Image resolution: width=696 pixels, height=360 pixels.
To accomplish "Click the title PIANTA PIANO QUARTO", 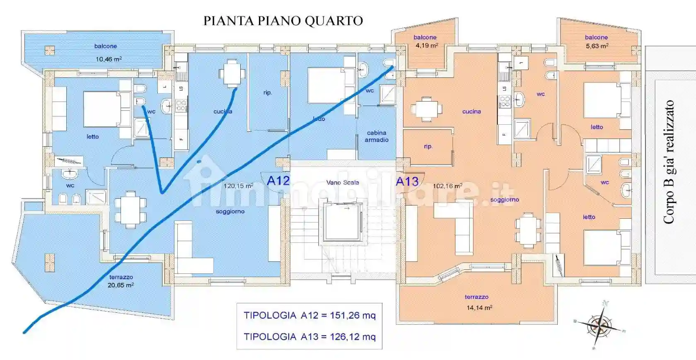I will point(283,21).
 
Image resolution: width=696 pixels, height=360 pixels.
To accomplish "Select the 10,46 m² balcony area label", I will point(109,59).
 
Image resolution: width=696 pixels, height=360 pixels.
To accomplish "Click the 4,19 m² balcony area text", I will point(427,45).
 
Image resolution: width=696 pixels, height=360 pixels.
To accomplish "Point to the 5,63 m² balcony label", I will point(597,46).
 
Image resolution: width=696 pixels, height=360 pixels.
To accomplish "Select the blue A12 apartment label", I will point(278,181).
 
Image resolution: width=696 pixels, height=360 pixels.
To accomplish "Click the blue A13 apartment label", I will point(407,181).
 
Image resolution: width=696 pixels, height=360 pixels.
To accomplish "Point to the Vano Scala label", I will point(342,182).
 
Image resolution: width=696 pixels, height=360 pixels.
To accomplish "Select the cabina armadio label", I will point(377,136).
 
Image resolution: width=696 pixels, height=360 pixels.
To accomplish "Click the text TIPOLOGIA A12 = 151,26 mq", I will point(309,315).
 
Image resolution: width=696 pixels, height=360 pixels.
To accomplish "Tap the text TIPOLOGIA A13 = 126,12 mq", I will point(309,337).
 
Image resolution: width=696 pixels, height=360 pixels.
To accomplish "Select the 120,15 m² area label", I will point(238,186).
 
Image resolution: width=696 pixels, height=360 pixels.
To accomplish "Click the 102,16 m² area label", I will point(447,186).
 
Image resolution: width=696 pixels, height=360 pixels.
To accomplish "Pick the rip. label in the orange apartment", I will point(428,146).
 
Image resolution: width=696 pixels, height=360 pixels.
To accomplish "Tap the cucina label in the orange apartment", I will point(471,111).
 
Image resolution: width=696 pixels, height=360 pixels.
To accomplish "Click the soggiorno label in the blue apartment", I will point(230,212).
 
